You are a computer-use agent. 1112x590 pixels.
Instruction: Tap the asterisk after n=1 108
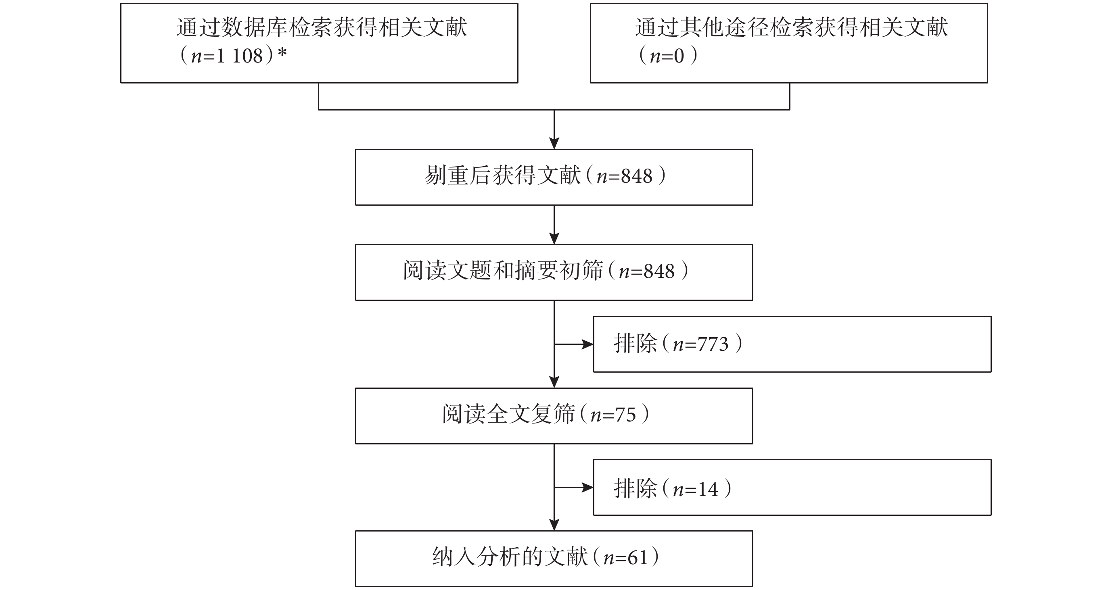(282, 54)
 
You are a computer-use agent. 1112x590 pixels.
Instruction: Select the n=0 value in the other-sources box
(667, 56)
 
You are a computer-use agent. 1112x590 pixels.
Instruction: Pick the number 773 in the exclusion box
(713, 344)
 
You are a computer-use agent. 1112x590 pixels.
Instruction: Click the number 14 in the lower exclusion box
(708, 490)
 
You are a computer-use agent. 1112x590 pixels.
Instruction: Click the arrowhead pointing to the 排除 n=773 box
(588, 344)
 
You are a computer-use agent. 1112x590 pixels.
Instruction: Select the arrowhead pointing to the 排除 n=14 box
(588, 487)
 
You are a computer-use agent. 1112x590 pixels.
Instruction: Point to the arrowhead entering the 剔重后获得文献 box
(554, 144)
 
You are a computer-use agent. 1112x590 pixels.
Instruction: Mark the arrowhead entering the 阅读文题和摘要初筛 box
(554, 239)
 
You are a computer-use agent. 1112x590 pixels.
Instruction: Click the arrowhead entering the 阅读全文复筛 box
(554, 382)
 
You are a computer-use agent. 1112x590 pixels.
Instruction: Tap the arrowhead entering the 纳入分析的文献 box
(554, 525)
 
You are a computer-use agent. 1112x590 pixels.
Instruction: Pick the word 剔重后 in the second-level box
(458, 176)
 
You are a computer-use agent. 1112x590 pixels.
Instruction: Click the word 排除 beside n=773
(635, 344)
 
